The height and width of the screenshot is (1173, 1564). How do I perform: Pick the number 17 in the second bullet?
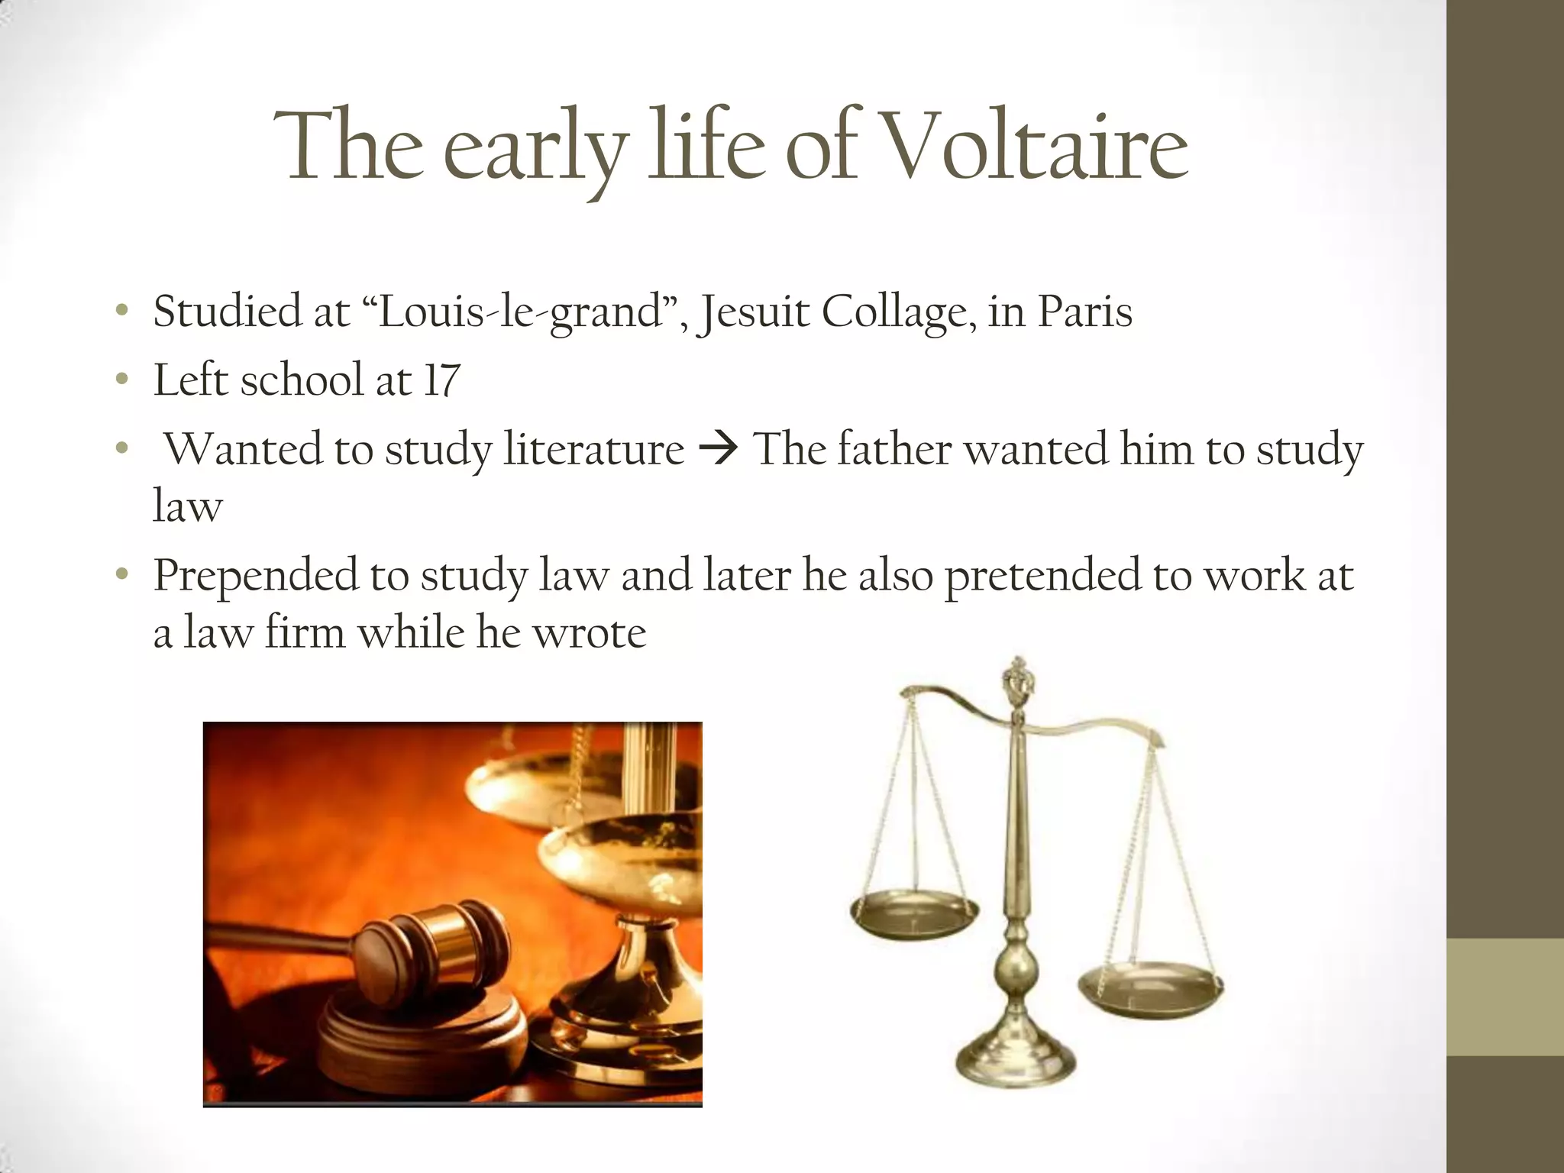tap(441, 380)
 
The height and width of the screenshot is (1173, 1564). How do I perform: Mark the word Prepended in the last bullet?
tap(255, 577)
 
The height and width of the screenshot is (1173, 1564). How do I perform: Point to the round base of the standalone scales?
tap(1016, 1058)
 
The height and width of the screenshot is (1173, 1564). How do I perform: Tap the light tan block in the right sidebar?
tap(1505, 997)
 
